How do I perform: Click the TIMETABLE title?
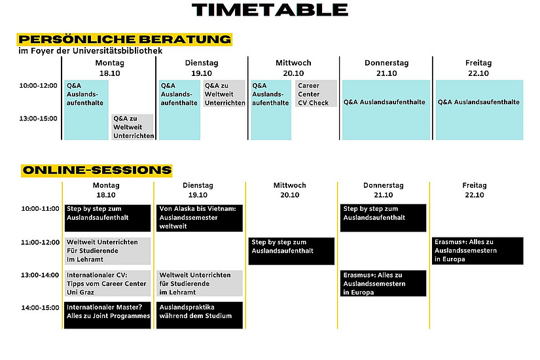(270, 10)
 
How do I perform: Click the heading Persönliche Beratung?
(124, 39)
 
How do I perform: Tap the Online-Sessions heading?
(97, 170)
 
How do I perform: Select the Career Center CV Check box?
(315, 94)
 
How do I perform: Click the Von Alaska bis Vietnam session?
(200, 218)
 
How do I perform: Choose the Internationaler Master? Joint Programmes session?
(107, 315)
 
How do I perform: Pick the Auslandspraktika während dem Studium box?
(200, 315)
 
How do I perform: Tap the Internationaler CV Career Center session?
(107, 283)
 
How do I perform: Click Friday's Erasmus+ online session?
(477, 251)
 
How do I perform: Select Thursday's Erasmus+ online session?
(383, 283)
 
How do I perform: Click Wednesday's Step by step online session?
(291, 251)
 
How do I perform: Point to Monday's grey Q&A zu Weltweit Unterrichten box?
(133, 127)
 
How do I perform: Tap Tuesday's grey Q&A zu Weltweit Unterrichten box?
(225, 94)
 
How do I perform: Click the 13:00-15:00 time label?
(38, 118)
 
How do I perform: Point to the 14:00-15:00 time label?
(41, 308)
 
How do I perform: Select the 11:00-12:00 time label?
(41, 243)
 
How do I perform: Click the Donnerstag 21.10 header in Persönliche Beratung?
(386, 68)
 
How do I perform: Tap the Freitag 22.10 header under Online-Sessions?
(475, 190)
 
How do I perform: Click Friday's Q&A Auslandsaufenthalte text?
(478, 102)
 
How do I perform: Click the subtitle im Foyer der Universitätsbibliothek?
(90, 51)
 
